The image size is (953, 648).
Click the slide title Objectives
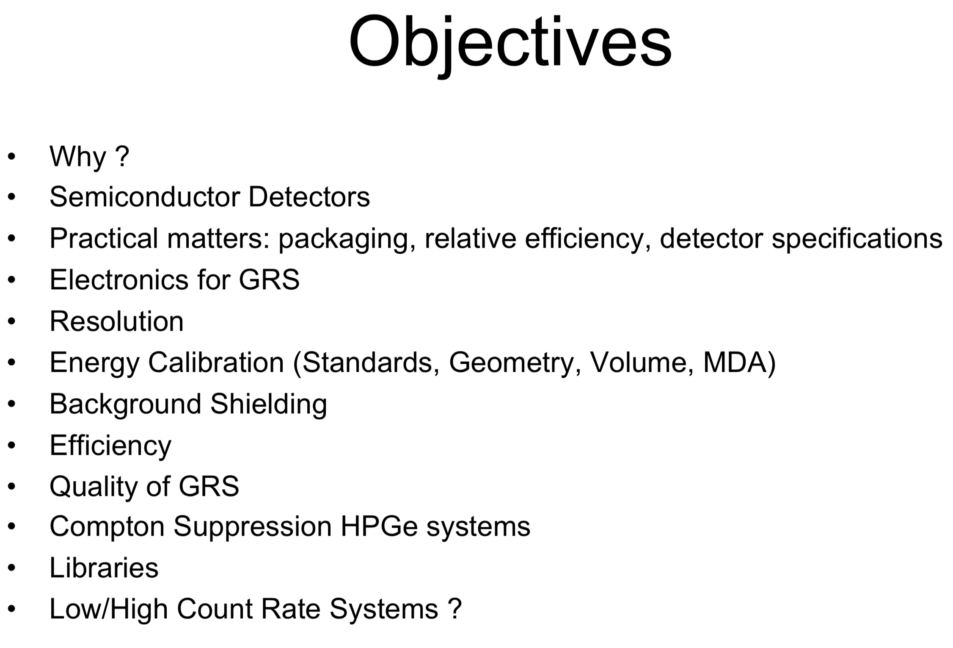point(510,42)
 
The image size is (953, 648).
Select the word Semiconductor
point(143,197)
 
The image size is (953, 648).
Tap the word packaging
point(343,238)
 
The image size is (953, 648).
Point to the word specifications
point(857,238)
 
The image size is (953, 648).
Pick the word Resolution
point(116,321)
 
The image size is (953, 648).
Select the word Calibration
point(216,363)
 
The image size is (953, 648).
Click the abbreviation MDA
point(734,363)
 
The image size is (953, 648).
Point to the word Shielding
point(268,404)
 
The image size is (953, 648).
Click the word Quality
point(93,486)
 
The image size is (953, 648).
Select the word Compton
point(107,526)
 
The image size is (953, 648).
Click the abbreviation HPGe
point(379,526)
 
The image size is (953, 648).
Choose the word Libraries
point(104,568)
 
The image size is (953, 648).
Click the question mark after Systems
point(454,609)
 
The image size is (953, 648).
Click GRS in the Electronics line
point(269,280)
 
